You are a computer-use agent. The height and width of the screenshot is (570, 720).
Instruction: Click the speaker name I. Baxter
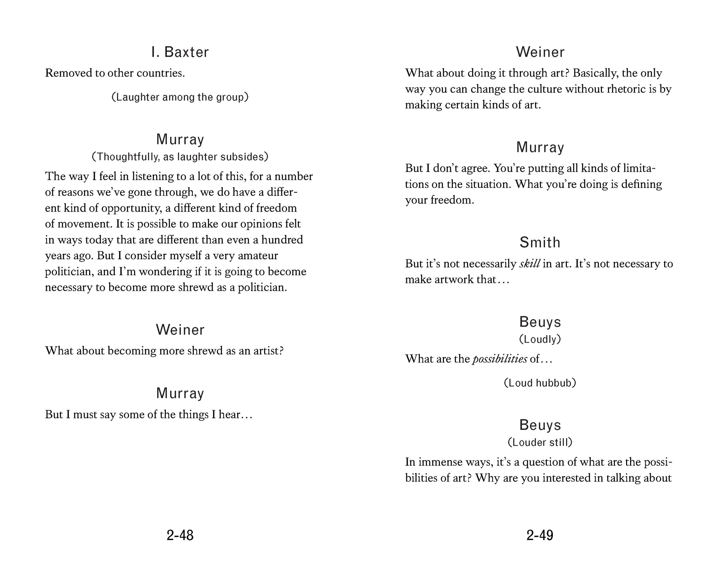180,52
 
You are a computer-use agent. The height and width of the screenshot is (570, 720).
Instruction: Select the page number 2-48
180,535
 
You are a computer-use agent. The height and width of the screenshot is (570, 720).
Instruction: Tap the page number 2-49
540,535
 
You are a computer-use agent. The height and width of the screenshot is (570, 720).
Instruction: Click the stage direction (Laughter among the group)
180,97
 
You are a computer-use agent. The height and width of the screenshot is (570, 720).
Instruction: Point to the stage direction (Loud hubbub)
540,383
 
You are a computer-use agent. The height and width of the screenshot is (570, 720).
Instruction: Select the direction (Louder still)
540,442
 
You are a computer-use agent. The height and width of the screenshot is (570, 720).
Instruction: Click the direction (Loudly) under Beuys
540,339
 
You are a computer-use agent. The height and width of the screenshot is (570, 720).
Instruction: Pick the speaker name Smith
540,243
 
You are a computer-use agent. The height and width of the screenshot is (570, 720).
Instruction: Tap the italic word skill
530,264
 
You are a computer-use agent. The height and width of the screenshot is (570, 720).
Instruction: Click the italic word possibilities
500,359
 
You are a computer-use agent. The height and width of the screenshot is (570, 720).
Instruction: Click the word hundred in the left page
282,240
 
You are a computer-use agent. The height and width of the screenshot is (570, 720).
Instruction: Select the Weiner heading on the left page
180,330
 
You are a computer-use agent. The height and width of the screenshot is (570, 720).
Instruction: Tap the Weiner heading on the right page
540,52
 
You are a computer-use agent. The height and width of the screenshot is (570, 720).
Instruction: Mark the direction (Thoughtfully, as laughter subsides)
180,157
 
